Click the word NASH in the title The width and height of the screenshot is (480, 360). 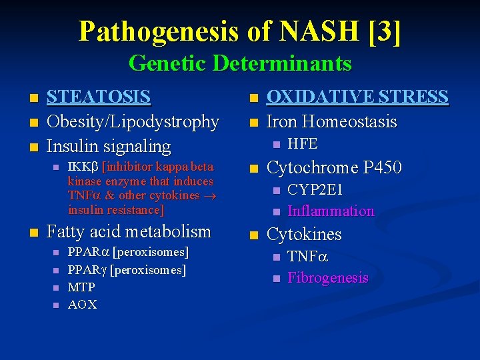[x=310, y=31]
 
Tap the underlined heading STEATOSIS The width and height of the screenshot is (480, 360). [x=98, y=97]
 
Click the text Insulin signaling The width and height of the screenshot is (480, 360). [x=108, y=146]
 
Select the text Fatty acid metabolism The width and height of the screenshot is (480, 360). [x=129, y=232]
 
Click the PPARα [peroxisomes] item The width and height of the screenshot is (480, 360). [x=128, y=253]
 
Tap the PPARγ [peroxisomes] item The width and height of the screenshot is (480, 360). [x=127, y=270]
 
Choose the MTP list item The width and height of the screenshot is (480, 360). [x=81, y=287]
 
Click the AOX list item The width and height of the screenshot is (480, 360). [x=82, y=305]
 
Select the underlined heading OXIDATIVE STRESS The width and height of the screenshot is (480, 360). [x=357, y=97]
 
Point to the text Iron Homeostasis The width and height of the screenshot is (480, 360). [x=331, y=122]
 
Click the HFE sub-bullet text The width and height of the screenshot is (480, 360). [x=302, y=143]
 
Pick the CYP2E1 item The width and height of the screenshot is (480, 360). [x=315, y=190]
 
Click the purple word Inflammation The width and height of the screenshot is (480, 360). [x=331, y=211]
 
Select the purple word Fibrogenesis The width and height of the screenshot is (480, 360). [x=327, y=278]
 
